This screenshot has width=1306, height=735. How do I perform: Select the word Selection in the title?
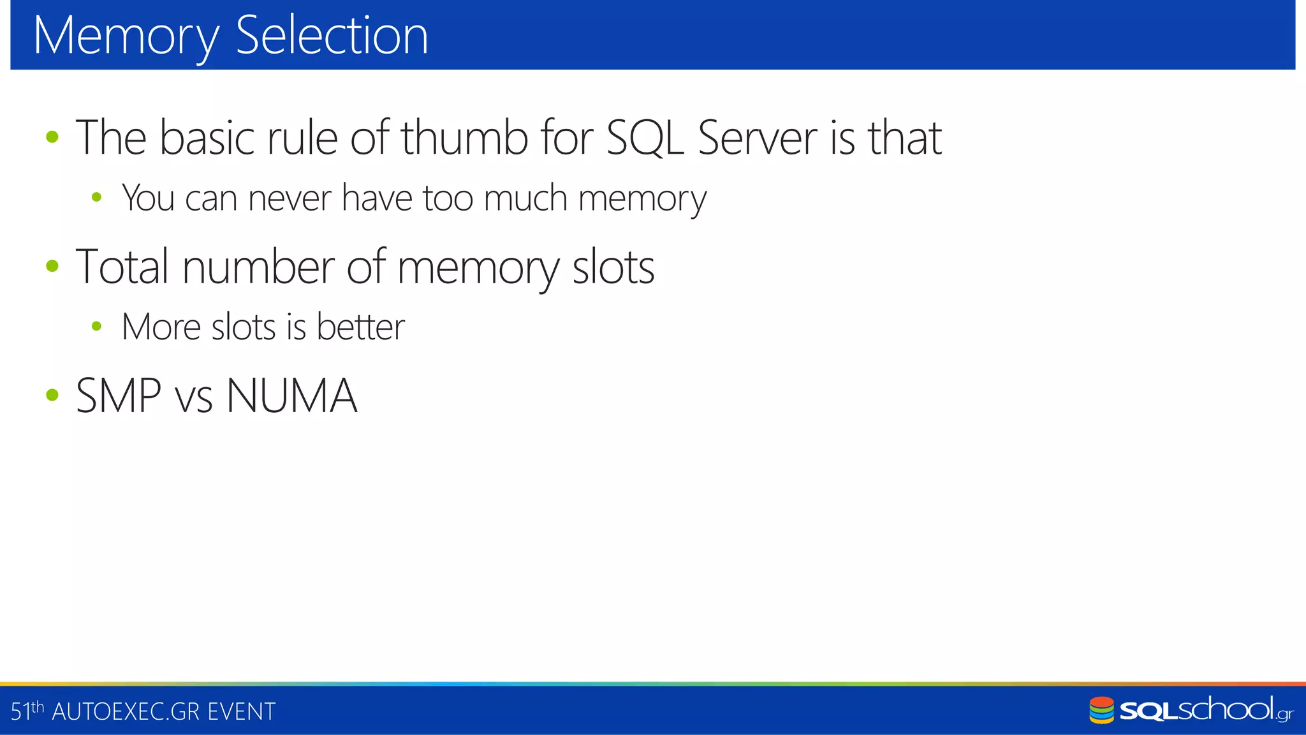click(x=332, y=36)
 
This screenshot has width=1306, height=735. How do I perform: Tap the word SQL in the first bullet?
click(x=645, y=137)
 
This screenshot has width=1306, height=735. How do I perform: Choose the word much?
click(x=525, y=198)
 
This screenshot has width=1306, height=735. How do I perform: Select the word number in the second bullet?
click(x=258, y=267)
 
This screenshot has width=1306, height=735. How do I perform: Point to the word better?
click(x=360, y=327)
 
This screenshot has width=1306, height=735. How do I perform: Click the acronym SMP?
click(x=119, y=396)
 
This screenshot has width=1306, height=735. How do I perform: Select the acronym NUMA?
click(x=291, y=396)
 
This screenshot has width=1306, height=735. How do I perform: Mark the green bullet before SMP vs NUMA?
click(x=52, y=395)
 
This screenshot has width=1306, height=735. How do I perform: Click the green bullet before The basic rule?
click(x=52, y=137)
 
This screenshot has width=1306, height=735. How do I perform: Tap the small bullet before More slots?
click(x=96, y=327)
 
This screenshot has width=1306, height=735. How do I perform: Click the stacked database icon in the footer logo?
click(x=1101, y=710)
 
